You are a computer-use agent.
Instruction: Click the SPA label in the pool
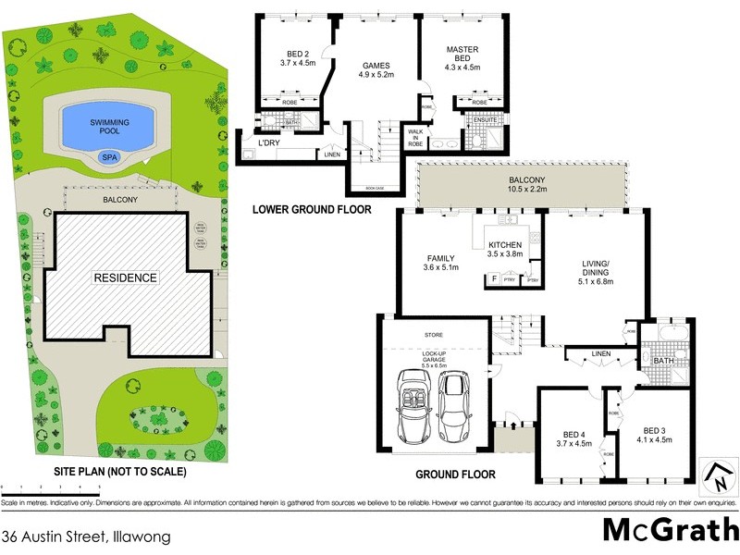tap(109, 158)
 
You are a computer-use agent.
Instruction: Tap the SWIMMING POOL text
tap(109, 128)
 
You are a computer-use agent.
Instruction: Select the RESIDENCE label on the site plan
tap(127, 277)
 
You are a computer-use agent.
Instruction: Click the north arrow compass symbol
tap(717, 476)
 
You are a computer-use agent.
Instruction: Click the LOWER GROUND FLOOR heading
tap(312, 210)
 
